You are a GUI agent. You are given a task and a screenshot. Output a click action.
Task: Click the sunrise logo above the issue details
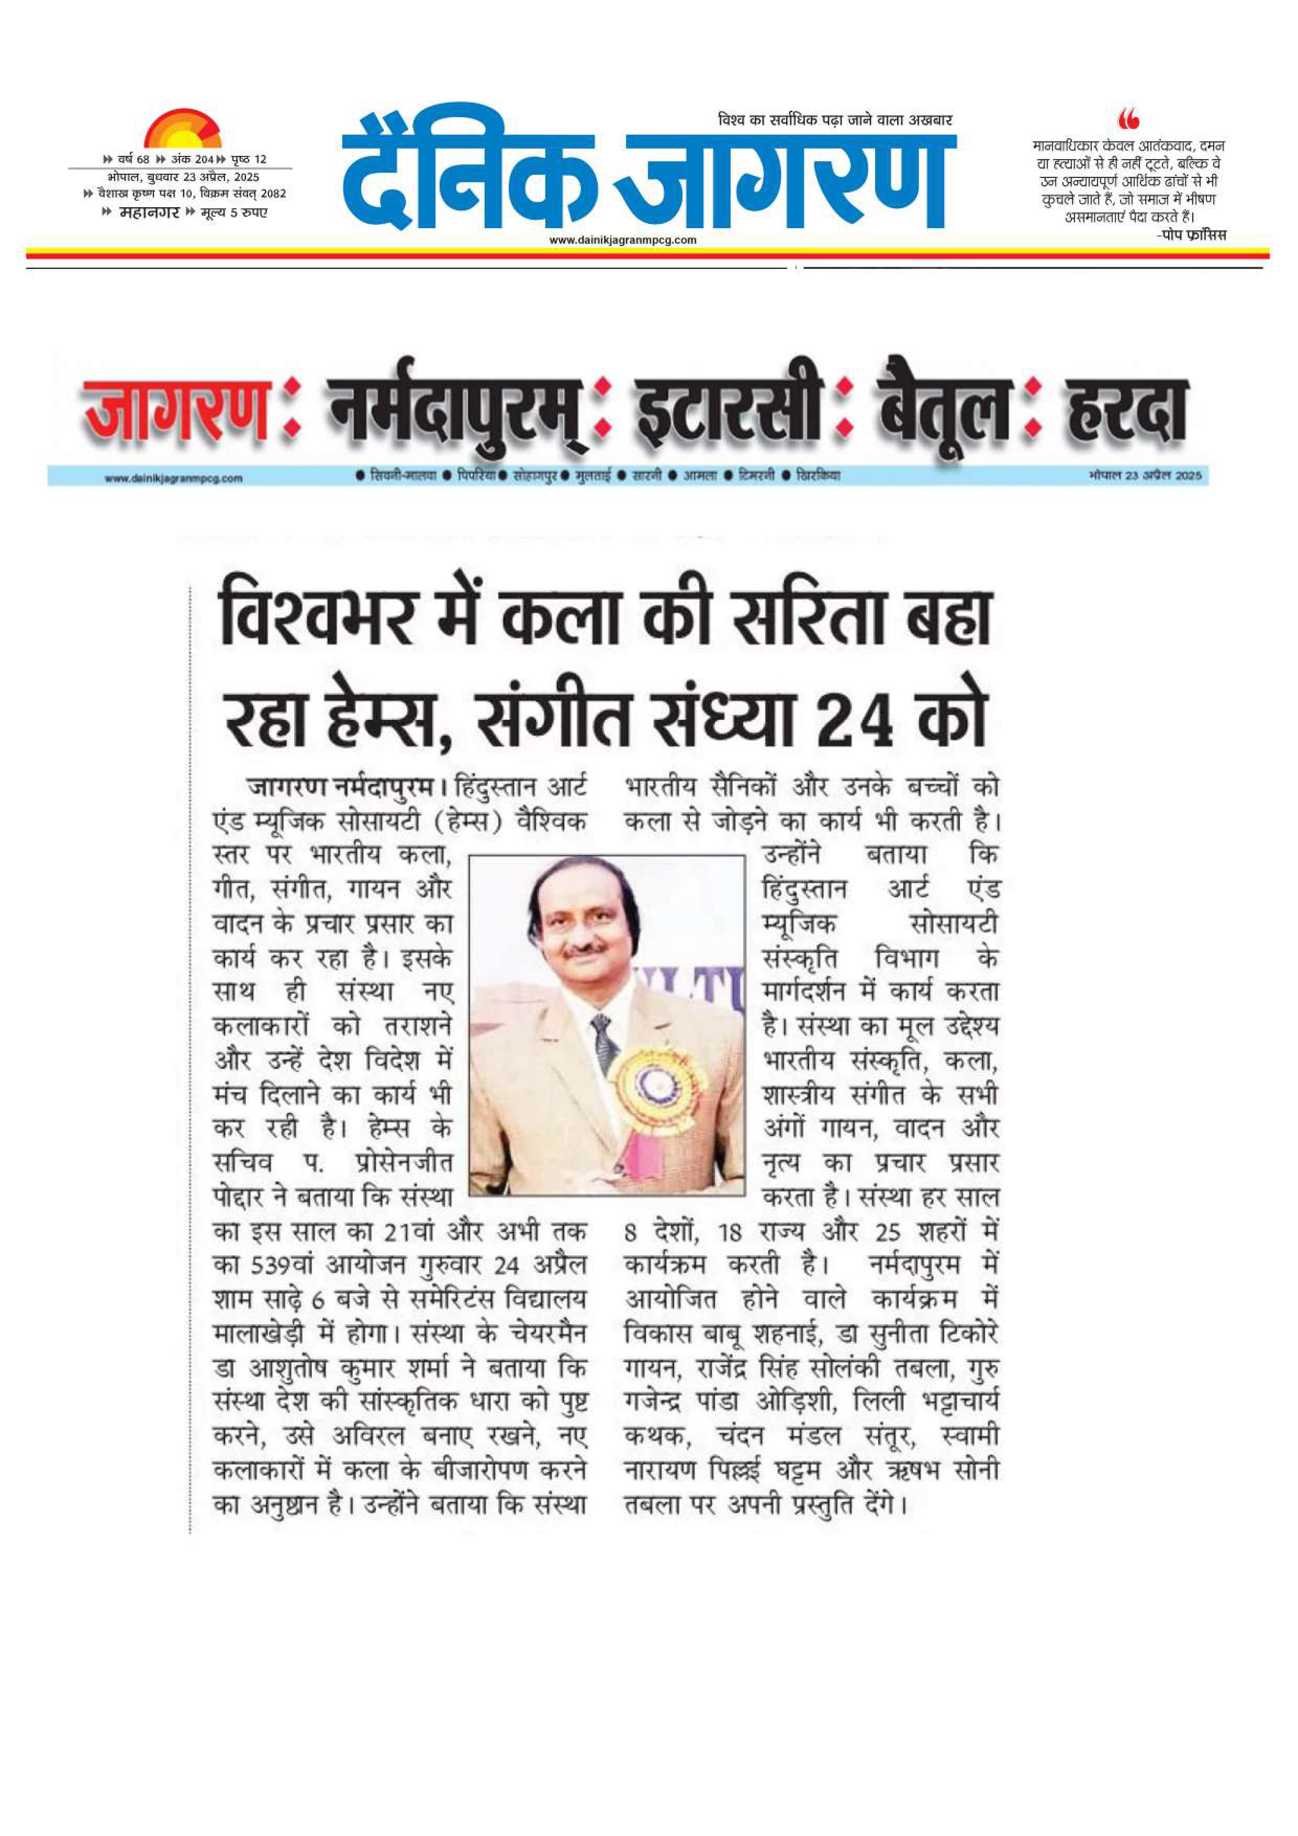[x=182, y=128]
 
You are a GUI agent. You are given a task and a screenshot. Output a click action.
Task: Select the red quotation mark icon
[x=1128, y=120]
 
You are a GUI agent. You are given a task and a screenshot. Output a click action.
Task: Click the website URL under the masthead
[x=623, y=240]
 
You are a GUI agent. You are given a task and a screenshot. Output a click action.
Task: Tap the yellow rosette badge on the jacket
[x=650, y=1085]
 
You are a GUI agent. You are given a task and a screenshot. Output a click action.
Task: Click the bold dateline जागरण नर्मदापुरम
[x=341, y=787]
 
